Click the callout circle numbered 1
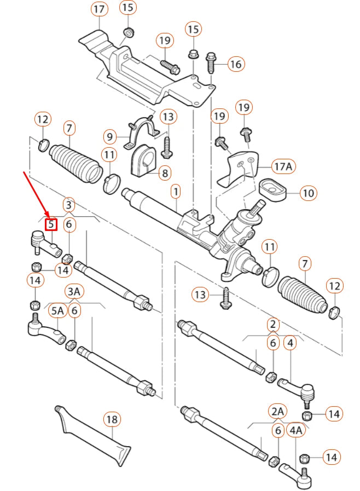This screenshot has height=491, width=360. (176, 192)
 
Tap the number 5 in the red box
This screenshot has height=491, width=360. (51, 224)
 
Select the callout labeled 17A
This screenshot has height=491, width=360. (284, 165)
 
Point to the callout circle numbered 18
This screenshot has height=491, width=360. (112, 420)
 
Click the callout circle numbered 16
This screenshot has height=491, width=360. (235, 65)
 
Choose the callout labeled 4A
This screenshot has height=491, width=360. (296, 431)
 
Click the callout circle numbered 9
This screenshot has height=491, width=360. (109, 136)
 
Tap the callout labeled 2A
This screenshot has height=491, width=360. (277, 411)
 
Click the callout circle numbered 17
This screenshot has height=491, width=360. (98, 9)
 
